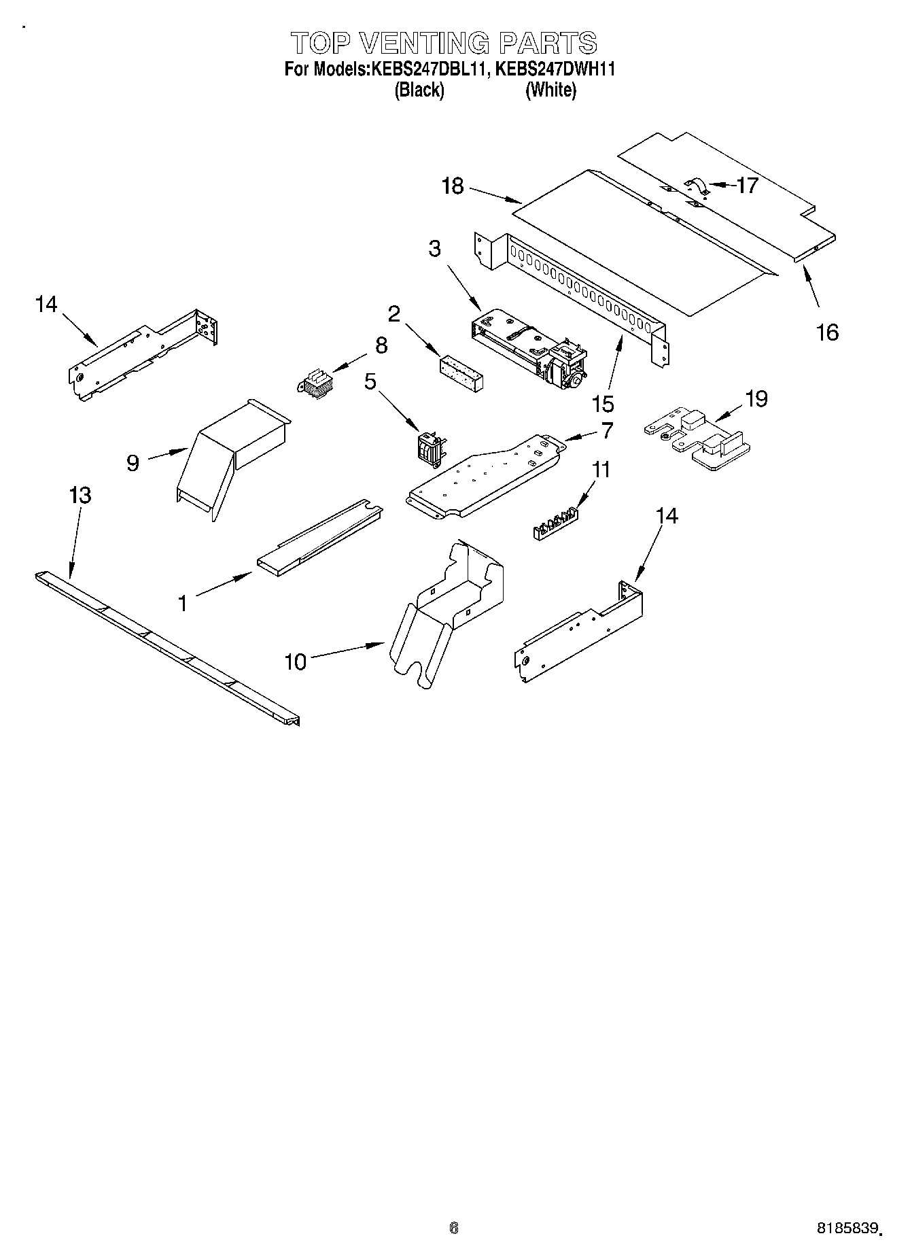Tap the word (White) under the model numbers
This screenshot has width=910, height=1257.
(550, 90)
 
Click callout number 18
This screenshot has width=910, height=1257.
(452, 186)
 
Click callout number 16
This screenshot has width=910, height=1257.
(827, 332)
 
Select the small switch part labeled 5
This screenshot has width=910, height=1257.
(426, 449)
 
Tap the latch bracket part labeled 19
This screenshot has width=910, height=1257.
(697, 438)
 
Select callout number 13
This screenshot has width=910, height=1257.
(80, 495)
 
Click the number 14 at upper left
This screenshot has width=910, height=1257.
(46, 304)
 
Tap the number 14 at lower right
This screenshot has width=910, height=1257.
(667, 516)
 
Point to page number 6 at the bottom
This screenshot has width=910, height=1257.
(454, 1227)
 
